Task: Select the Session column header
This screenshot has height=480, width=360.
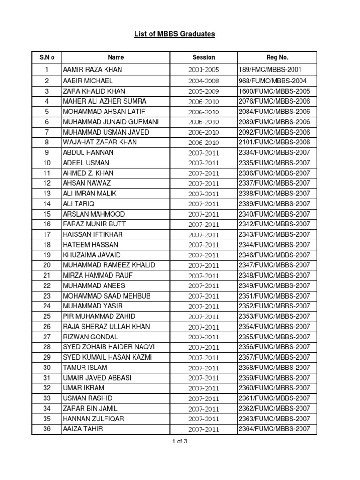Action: (x=203, y=57)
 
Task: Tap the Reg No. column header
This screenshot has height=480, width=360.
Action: (x=277, y=57)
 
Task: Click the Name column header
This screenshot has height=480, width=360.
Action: (x=116, y=57)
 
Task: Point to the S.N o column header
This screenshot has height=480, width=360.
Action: (x=47, y=57)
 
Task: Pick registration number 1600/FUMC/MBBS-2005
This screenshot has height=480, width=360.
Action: (x=274, y=91)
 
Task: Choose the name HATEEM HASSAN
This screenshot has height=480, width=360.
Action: (x=90, y=245)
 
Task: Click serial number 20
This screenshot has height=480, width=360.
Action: (x=47, y=265)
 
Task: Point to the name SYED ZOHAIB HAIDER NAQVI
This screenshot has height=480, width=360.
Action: (x=109, y=347)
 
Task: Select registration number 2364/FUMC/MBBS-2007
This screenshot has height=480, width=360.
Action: (x=274, y=428)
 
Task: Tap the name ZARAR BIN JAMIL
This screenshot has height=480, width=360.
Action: (x=90, y=408)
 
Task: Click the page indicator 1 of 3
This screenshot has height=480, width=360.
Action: (x=180, y=441)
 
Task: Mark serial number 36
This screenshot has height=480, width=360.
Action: (x=47, y=428)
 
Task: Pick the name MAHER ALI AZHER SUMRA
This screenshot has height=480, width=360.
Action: (x=105, y=101)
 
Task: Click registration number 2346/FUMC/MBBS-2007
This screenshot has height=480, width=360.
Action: (x=274, y=255)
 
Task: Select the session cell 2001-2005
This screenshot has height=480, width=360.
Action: (x=203, y=71)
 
